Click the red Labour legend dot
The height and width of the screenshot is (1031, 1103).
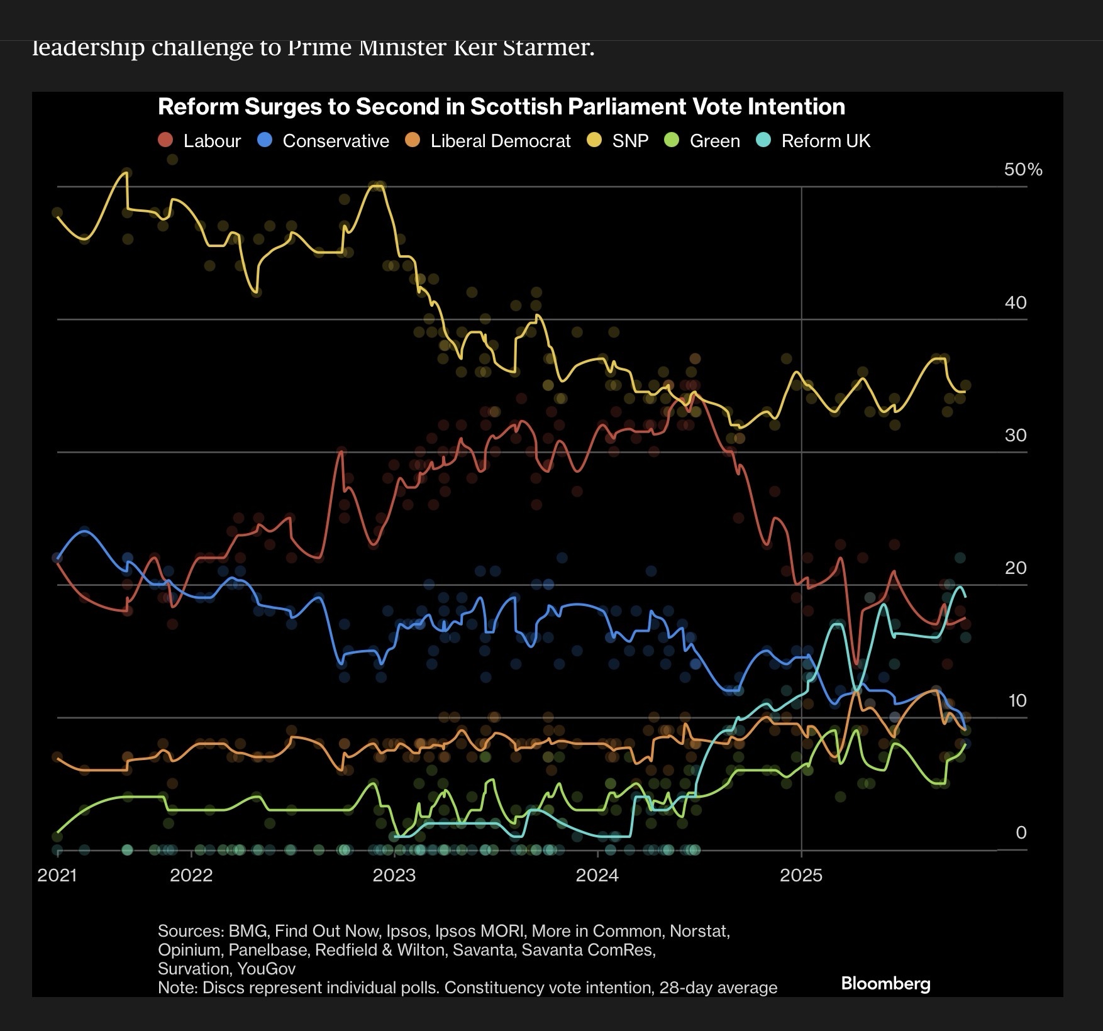[165, 140]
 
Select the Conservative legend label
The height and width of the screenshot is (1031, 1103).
[336, 141]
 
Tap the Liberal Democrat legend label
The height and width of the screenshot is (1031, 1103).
[501, 141]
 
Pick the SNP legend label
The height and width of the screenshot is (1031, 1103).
[630, 141]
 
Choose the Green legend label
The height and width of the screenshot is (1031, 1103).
[714, 141]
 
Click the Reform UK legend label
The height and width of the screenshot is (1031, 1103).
[826, 141]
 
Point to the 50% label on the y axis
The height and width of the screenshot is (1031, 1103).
[1023, 170]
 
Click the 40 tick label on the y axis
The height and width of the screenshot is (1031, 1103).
[1016, 302]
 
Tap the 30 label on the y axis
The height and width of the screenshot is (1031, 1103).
[1016, 435]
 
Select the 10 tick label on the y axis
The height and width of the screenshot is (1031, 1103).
[1017, 700]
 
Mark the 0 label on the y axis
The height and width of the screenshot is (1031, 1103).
[1021, 833]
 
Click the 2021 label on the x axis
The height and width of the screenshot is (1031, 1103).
[57, 876]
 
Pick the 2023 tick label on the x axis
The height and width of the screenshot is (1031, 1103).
[394, 876]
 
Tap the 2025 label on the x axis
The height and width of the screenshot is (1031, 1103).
[801, 876]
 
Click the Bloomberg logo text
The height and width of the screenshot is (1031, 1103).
[885, 984]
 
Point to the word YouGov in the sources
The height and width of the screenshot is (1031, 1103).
[267, 969]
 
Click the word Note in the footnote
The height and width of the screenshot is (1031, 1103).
[177, 988]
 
